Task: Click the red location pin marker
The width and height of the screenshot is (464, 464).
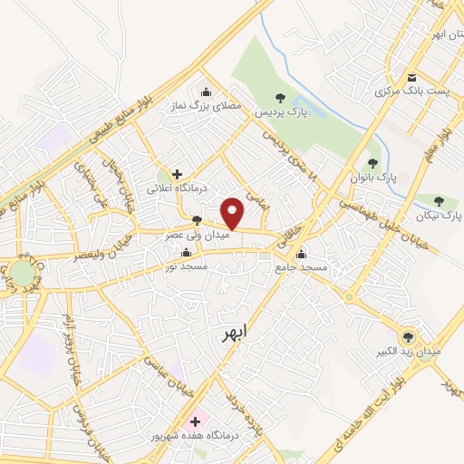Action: tap(234, 212)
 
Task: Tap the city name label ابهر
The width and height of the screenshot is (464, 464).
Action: tap(233, 333)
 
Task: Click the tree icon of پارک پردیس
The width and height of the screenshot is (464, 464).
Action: tap(280, 98)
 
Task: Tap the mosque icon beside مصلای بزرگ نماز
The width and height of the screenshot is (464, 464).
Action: tap(206, 92)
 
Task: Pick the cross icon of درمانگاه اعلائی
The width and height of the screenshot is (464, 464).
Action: tap(177, 173)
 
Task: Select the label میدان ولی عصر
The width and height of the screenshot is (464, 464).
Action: tap(193, 234)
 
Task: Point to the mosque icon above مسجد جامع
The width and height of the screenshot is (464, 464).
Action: tap(302, 253)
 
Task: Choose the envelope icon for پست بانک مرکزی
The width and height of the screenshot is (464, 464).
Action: tap(412, 78)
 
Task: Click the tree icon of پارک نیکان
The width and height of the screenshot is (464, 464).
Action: tap(439, 201)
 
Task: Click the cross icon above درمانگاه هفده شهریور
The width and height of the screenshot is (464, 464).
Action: tap(195, 421)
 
